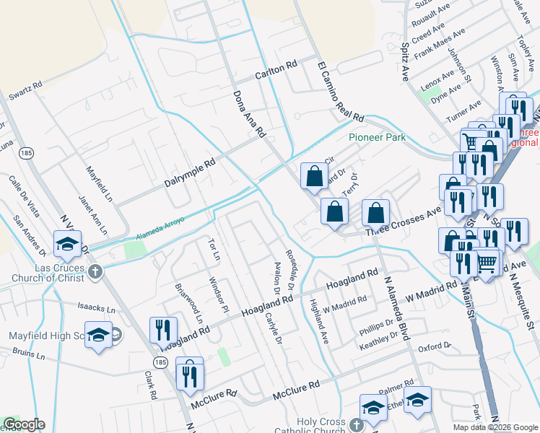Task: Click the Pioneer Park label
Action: tap(377, 137)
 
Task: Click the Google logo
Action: tap(24, 424)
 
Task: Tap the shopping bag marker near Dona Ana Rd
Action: tap(314, 176)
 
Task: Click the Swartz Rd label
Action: tap(25, 90)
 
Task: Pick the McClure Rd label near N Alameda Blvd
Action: tap(296, 391)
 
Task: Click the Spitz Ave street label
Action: tap(405, 58)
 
